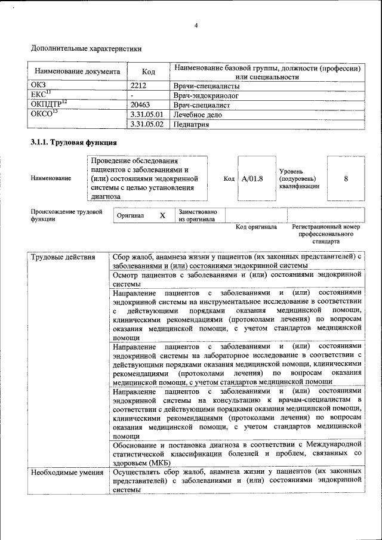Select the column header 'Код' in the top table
149,72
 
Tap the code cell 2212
138,85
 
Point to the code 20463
141,104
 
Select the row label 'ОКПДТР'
48,104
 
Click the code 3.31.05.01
146,114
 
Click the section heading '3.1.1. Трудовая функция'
73,143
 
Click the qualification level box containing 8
346,178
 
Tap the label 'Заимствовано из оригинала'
198,215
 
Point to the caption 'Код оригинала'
256,227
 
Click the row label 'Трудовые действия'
63,257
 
